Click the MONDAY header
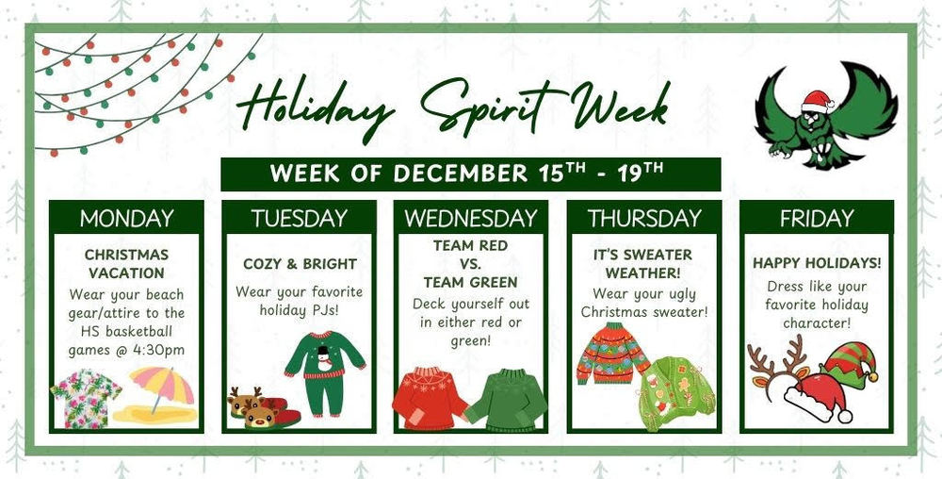tap(126, 218)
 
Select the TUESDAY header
tap(299, 218)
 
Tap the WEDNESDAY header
tap(470, 218)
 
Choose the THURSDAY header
tap(644, 218)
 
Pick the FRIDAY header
tap(816, 218)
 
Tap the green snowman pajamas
tap(325, 371)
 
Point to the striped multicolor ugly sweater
tap(612, 353)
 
